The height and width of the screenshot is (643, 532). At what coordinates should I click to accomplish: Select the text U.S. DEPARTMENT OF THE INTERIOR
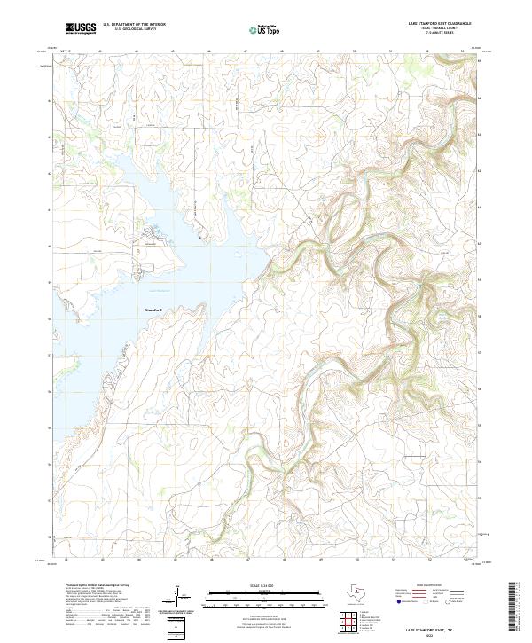pyautogui.click(x=134, y=25)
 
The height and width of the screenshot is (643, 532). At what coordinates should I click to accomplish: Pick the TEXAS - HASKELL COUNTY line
pyautogui.click(x=450, y=29)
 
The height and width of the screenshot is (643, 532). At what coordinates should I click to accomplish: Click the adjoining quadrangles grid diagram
pyautogui.click(x=348, y=623)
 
